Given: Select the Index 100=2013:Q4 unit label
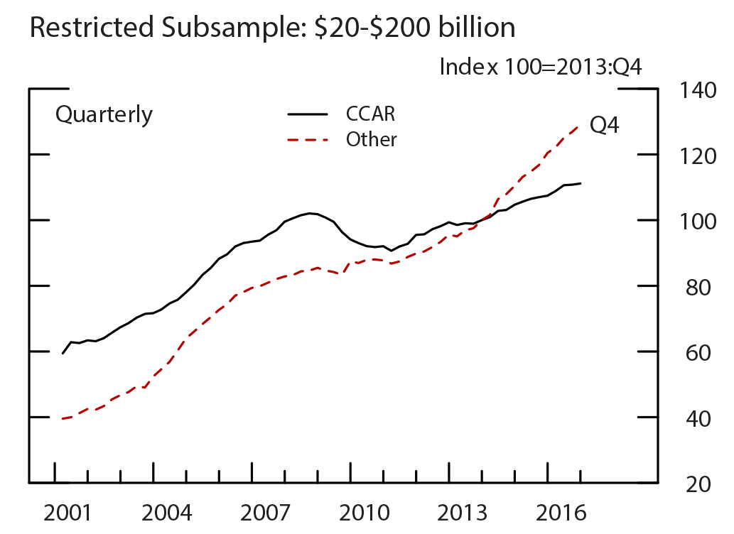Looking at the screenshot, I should point(541,67).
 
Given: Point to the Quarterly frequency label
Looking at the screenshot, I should point(104,114).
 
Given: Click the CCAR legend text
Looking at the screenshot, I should point(370,114).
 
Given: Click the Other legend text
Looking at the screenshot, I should point(371,140).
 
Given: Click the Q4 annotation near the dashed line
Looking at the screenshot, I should point(605,126).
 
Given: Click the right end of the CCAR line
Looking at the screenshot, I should point(581,183).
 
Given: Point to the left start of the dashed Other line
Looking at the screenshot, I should point(63,419).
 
